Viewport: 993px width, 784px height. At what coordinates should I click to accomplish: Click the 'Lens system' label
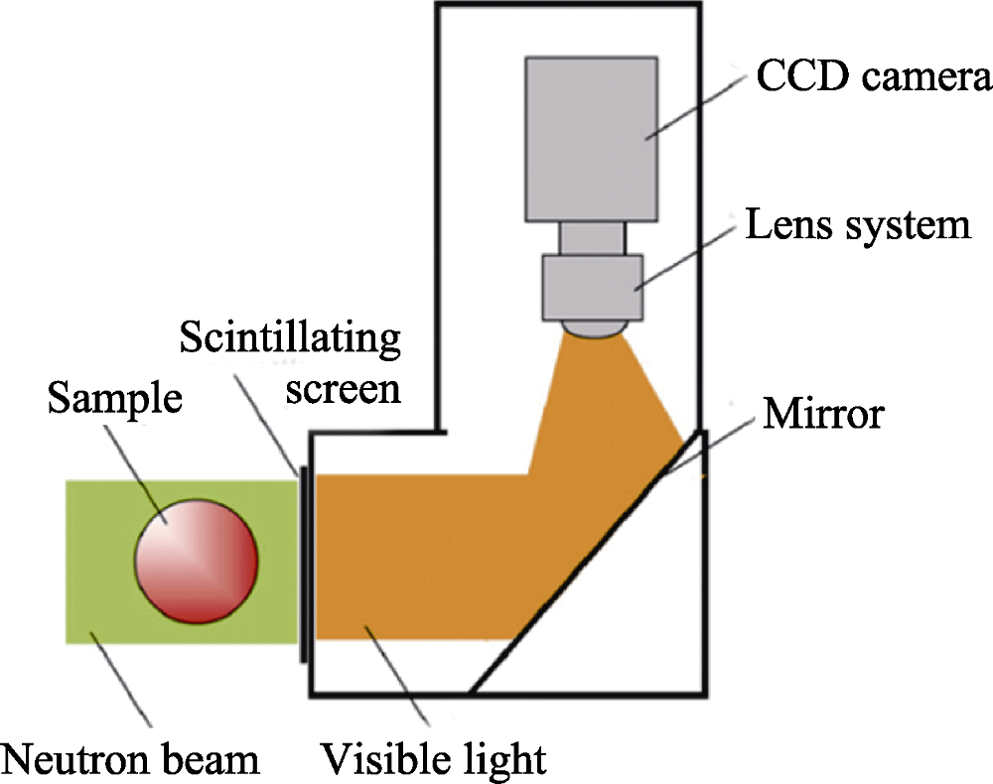857,226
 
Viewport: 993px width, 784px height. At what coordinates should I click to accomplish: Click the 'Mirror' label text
821,413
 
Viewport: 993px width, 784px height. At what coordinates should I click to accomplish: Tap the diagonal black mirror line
586,561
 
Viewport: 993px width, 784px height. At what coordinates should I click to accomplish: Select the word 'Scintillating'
290,340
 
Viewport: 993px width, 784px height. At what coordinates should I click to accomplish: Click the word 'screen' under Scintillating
343,389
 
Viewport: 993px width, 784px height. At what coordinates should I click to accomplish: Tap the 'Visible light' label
433,760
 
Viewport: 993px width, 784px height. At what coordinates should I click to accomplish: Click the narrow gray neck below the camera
592,237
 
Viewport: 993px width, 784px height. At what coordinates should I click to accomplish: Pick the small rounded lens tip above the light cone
593,327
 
